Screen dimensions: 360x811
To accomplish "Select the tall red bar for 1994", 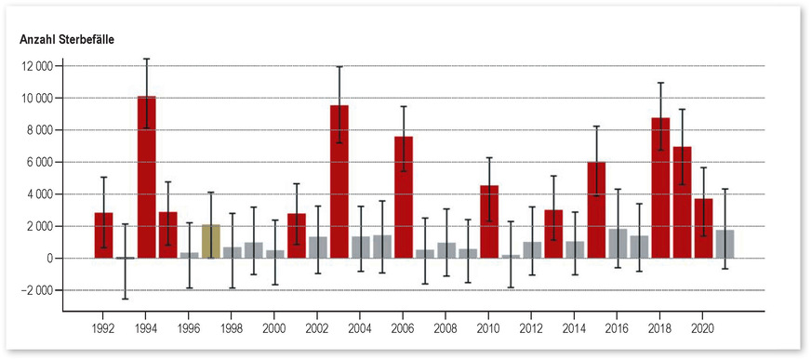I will tap(147, 177).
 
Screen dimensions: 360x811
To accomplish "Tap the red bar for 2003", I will tap(339, 181).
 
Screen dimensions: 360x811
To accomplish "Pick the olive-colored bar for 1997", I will tap(211, 241).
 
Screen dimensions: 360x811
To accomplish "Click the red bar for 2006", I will tap(404, 197).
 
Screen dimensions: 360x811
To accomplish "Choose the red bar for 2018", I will tap(660, 188).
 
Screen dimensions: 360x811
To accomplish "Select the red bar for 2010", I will tap(489, 221).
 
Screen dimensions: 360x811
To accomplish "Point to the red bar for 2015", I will tap(596, 209).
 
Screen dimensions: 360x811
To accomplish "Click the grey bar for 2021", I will tap(725, 244).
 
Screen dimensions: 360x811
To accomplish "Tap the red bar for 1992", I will tap(104, 235).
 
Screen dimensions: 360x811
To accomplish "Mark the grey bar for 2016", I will tap(618, 243).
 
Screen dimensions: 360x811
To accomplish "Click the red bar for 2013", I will tap(553, 233).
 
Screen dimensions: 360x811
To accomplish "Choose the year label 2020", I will tap(703, 328).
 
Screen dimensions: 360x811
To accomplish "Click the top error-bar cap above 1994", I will tap(147, 59).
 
